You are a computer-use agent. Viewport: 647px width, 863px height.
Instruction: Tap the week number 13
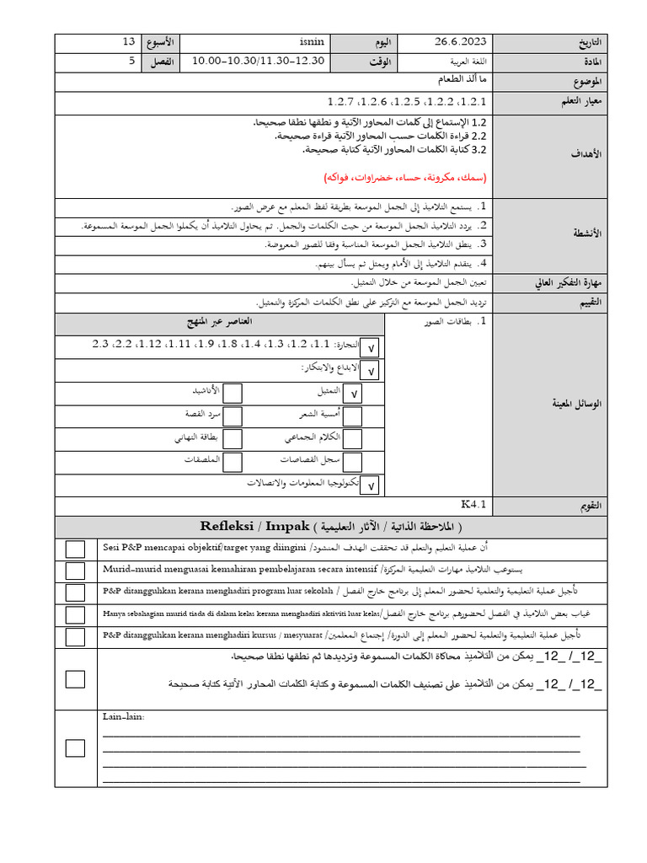[x=129, y=43]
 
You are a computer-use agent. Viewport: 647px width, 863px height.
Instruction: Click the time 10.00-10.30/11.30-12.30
[x=258, y=62]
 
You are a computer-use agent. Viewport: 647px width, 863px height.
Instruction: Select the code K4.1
[x=474, y=505]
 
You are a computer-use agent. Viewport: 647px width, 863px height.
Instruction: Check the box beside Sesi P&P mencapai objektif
[x=75, y=549]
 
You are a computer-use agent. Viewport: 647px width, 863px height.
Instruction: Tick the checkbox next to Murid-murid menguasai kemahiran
[x=75, y=571]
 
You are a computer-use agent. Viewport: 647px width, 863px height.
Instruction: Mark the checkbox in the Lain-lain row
[x=75, y=748]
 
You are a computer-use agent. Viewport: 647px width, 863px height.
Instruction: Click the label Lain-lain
[x=123, y=717]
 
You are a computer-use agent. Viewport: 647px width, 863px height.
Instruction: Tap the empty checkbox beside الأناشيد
[x=233, y=393]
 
